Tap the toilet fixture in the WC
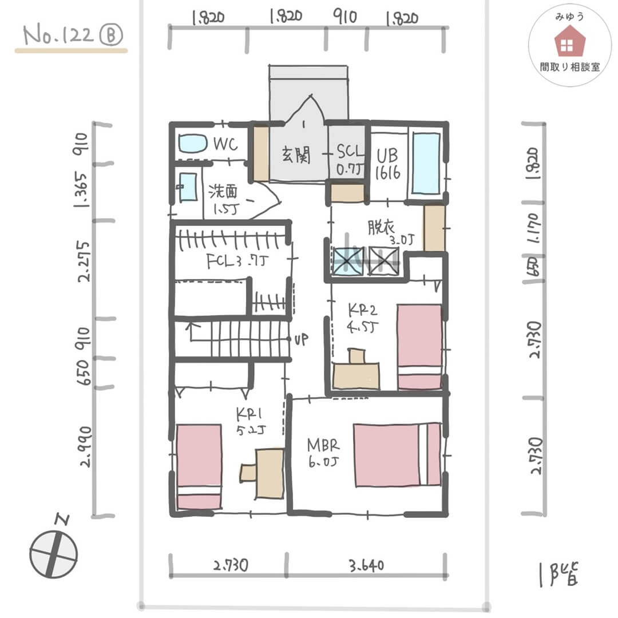(191, 143)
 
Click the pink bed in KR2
(420, 346)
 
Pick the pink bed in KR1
(199, 466)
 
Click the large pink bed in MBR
(397, 455)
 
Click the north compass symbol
(53, 553)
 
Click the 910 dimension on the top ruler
(344, 17)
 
